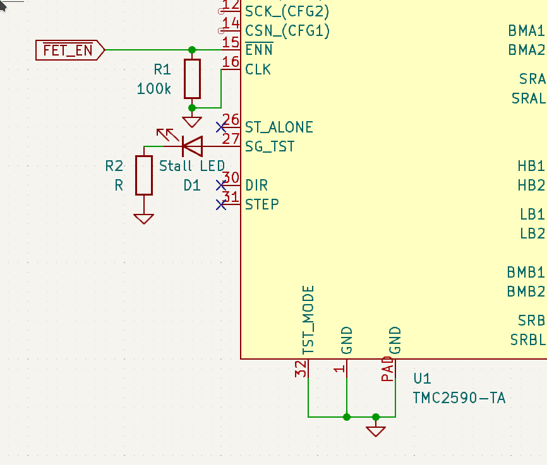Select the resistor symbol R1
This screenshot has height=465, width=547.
pyautogui.click(x=192, y=79)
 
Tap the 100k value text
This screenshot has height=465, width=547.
pyautogui.click(x=153, y=89)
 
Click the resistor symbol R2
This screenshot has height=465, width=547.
pyautogui.click(x=144, y=175)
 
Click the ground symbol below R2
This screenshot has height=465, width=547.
pyautogui.click(x=144, y=218)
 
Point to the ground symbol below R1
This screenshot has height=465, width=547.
pyautogui.click(x=192, y=122)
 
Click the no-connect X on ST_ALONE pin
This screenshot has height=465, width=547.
pyautogui.click(x=220, y=127)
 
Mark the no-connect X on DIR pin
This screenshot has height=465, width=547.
pyautogui.click(x=220, y=185)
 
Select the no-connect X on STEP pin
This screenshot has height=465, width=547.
pyautogui.click(x=220, y=204)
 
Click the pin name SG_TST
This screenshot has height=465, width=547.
pyautogui.click(x=270, y=147)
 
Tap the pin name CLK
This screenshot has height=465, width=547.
pyautogui.click(x=258, y=69)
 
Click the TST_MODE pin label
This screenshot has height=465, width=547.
pyautogui.click(x=308, y=319)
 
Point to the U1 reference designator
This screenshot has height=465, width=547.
pyautogui.click(x=422, y=379)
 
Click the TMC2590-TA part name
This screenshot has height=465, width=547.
pyautogui.click(x=459, y=398)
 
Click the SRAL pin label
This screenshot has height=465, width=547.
pyautogui.click(x=528, y=99)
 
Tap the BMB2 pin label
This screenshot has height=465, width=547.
pyautogui.click(x=526, y=291)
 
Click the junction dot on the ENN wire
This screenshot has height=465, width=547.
pyautogui.click(x=192, y=50)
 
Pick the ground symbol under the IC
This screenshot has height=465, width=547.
pyautogui.click(x=376, y=431)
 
